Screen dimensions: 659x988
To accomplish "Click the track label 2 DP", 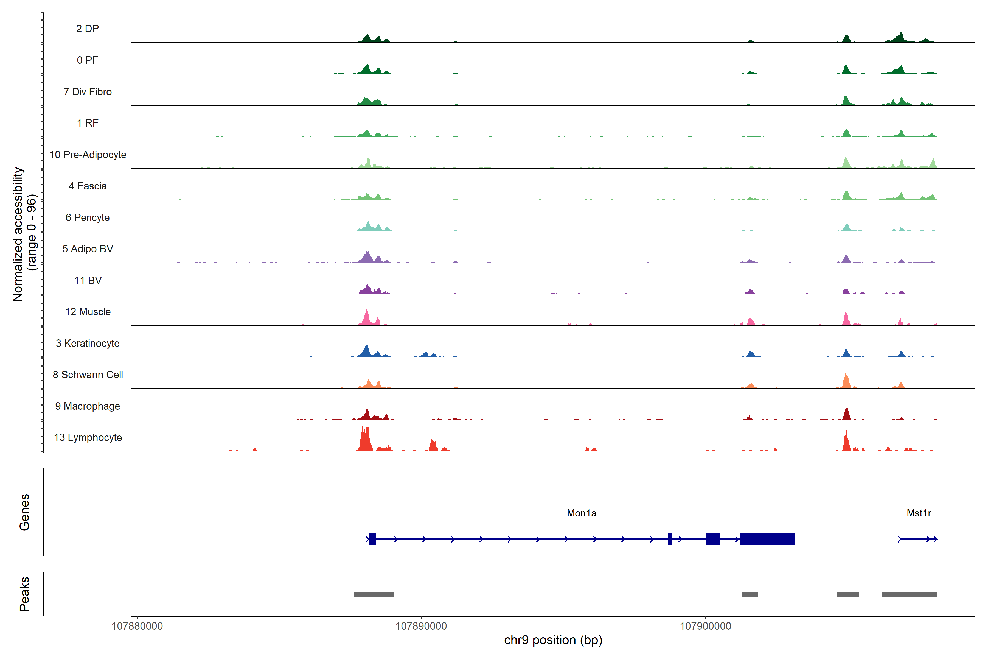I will point(87,29).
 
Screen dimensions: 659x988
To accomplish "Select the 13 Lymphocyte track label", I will point(88,437).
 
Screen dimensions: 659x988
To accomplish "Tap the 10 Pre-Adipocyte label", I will point(88,155).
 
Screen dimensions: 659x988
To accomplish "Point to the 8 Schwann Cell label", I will point(88,375).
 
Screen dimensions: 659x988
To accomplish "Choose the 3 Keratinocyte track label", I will point(88,344).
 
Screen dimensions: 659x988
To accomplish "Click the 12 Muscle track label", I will point(88,312).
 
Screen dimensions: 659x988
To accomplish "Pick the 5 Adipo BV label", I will point(88,249).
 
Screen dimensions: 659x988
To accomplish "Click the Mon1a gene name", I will point(581,513).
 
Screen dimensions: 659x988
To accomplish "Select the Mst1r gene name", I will point(919,513).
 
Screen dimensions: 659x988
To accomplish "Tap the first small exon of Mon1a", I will point(372,539).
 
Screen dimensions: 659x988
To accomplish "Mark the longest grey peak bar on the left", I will point(374,594).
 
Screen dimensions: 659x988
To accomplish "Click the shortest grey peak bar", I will point(750,594).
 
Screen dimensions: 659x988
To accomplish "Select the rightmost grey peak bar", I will point(909,594).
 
